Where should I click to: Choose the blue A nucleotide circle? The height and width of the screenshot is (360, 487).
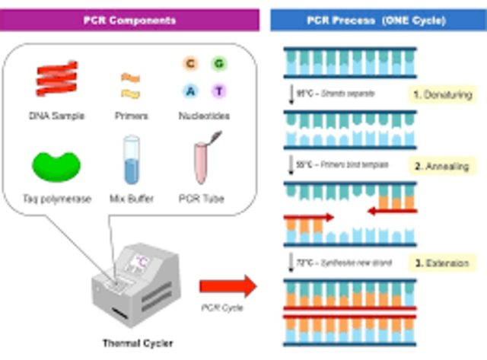pyautogui.click(x=189, y=91)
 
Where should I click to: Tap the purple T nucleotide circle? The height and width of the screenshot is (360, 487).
pyautogui.click(x=219, y=91)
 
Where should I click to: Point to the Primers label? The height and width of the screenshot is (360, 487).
pyautogui.click(x=132, y=116)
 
